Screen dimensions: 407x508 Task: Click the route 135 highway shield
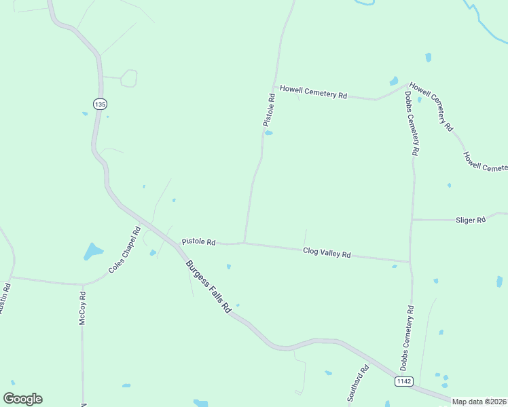(100, 104)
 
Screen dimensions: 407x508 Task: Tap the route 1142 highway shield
(403, 382)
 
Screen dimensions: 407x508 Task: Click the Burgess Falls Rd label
(208, 287)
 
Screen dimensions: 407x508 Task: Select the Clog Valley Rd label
(327, 253)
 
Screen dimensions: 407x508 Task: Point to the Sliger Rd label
(471, 220)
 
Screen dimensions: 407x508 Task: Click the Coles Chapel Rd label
(124, 254)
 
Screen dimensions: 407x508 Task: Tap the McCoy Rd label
(82, 308)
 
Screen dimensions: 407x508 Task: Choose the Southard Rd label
(357, 383)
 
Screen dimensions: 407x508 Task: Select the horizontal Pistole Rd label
(198, 242)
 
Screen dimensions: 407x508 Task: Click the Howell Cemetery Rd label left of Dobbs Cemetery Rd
(314, 92)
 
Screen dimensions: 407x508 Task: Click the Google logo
(22, 399)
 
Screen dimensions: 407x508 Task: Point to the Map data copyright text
(479, 402)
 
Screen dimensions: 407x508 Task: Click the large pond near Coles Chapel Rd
(92, 252)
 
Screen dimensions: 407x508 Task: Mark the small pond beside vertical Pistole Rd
(269, 133)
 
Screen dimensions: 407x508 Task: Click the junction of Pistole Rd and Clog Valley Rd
(244, 243)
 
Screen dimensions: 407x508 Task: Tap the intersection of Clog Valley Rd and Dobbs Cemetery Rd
(410, 261)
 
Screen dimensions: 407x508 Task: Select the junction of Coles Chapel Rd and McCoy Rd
(83, 284)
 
